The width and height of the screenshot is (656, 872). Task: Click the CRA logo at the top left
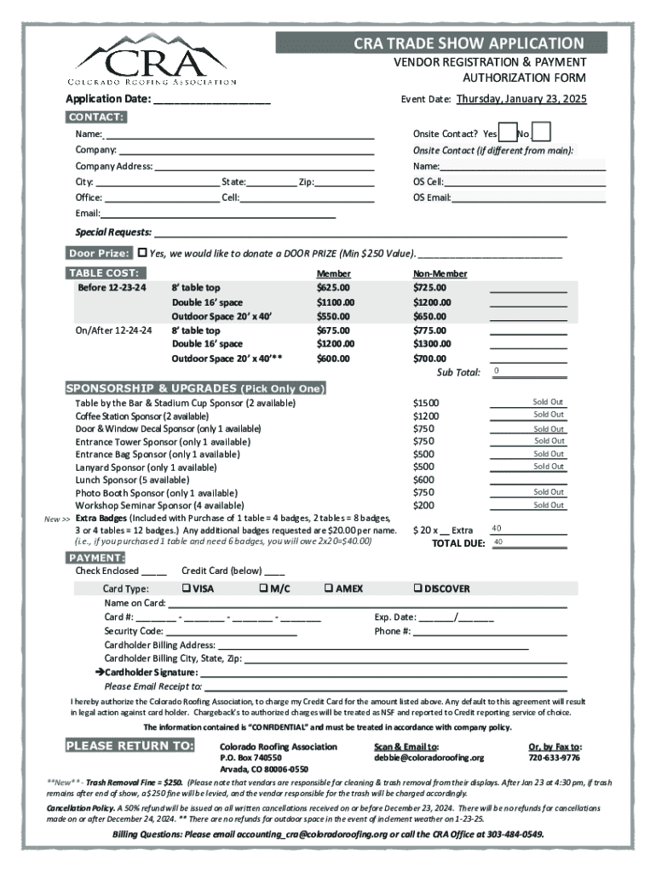(152, 60)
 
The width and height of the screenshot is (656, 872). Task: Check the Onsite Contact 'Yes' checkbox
(507, 134)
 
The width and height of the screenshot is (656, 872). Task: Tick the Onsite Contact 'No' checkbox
(541, 134)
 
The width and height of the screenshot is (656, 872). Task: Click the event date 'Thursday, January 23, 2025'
(521, 99)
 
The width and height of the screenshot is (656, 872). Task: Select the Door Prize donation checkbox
(142, 253)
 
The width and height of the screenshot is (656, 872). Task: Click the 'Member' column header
(333, 274)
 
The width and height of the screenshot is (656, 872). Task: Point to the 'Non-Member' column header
(440, 274)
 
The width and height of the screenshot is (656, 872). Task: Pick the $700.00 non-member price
(429, 359)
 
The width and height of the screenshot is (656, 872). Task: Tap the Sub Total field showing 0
(527, 371)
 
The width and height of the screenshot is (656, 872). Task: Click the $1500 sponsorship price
(426, 402)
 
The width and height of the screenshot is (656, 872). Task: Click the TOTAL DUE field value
(527, 542)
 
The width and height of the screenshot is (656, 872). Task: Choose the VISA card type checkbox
(185, 588)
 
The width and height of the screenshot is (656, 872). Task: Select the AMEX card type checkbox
(328, 588)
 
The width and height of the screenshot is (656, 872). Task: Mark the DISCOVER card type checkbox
(417, 588)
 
